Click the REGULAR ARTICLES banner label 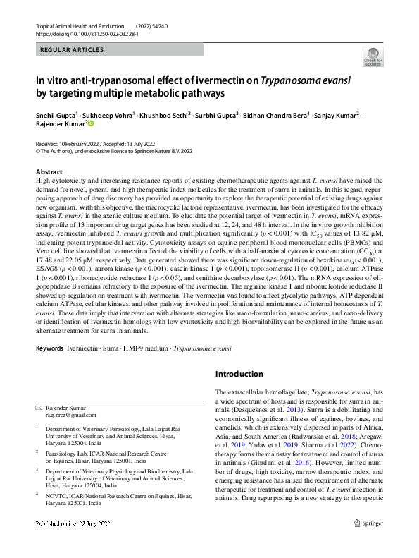click(72, 50)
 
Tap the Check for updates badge click(373, 56)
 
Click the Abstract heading click(49, 172)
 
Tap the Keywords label click(51, 348)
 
